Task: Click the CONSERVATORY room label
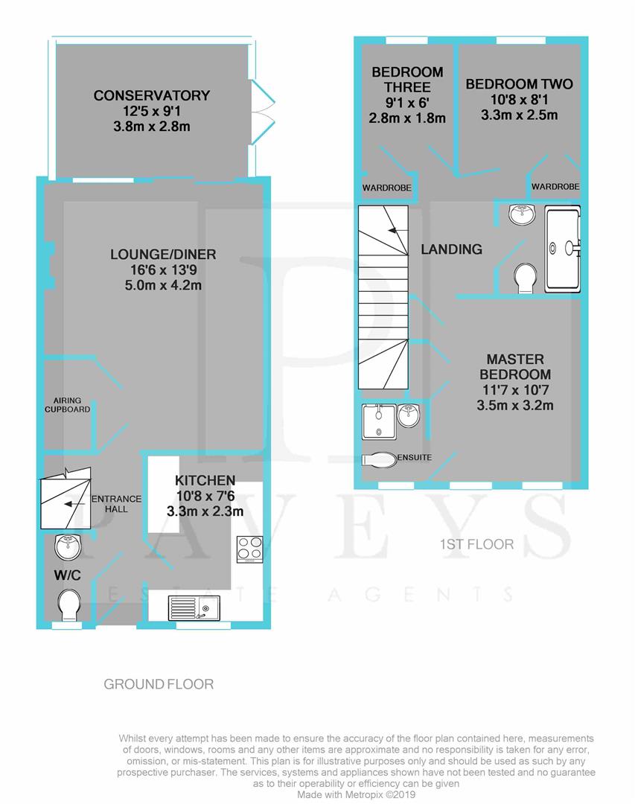click(152, 95)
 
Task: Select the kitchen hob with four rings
click(249, 549)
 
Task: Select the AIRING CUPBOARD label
click(67, 405)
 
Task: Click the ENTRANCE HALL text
click(110, 504)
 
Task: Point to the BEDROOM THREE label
click(407, 80)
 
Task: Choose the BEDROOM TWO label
click(519, 84)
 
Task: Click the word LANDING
click(451, 249)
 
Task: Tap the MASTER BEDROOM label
click(515, 366)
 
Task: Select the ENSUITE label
click(415, 457)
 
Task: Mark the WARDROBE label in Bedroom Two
click(555, 186)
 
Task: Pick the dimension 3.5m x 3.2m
click(515, 406)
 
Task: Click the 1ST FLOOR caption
click(476, 544)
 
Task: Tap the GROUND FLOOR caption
click(159, 683)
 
